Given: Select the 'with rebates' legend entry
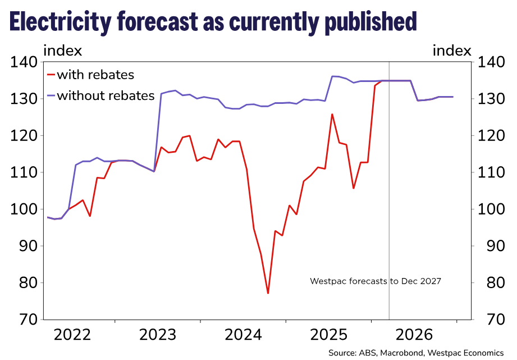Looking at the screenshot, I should [95, 75].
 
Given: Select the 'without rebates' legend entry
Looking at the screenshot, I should [105, 95].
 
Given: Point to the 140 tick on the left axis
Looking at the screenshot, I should [24, 62].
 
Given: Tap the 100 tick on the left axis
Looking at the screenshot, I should [24, 209].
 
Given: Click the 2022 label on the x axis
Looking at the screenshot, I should [72, 336].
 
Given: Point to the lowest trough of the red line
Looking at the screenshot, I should [268, 293].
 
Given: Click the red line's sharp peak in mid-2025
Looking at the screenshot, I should [332, 115].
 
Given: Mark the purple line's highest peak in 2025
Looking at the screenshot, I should [333, 76].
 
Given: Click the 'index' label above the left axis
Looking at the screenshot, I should [63, 51].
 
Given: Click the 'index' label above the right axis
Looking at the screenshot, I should [452, 51].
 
